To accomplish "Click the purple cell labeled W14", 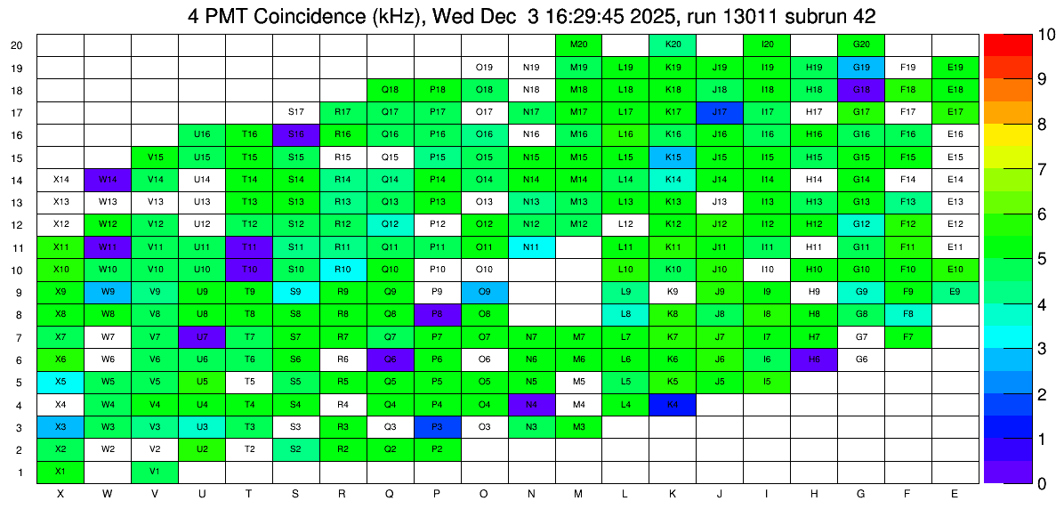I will coord(108,180).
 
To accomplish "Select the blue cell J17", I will coord(720,112).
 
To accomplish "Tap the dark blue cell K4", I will coord(673,405).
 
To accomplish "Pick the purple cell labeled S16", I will coord(296,134).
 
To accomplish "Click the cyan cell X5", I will coord(60,383).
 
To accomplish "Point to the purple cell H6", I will coord(813,360).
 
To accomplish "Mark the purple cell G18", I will coord(860,90).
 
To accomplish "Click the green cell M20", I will coord(578,44).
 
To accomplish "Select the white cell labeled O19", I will coord(485,67).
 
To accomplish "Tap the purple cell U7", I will coord(202,337).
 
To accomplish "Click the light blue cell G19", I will coord(860,67).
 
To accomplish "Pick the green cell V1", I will coord(155,472).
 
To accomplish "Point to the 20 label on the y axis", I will coord(17,45).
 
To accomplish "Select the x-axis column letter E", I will coord(955,493).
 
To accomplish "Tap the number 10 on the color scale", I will coord(1022,36).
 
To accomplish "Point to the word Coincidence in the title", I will coord(305,16).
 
